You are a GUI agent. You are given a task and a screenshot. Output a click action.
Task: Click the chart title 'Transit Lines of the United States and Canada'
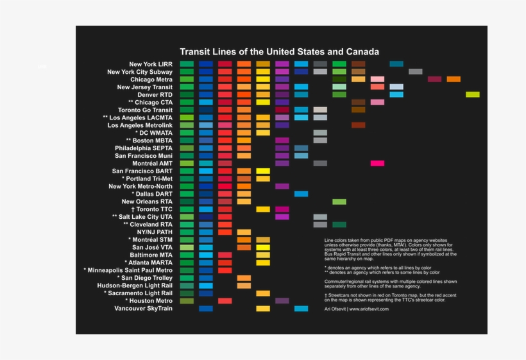click(279, 52)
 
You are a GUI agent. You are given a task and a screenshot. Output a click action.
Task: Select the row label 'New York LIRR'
click(151, 64)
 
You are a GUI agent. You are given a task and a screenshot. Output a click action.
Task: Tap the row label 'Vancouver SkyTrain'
click(144, 309)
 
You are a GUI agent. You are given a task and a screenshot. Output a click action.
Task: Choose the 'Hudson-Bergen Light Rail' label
click(135, 286)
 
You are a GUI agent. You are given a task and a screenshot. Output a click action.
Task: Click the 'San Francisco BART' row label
click(142, 171)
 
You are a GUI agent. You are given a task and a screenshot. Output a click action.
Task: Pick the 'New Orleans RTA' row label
click(147, 201)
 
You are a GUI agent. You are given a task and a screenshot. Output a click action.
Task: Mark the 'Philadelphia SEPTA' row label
click(144, 148)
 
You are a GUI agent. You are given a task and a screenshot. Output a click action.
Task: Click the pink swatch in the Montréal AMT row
click(377, 164)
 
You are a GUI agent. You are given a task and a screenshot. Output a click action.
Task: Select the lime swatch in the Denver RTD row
click(473, 94)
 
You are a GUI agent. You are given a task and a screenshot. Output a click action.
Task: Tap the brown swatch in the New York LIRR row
click(358, 64)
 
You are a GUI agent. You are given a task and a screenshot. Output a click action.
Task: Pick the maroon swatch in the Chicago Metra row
click(434, 79)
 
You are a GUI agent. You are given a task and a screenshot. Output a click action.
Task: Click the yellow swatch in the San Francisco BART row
click(263, 171)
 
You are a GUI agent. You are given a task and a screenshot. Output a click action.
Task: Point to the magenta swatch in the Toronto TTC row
click(282, 209)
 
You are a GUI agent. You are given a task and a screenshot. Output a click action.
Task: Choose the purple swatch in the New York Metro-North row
click(282, 186)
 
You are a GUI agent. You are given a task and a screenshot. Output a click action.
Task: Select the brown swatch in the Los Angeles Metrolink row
click(358, 125)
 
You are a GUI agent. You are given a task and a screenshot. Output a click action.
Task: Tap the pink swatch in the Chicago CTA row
click(377, 102)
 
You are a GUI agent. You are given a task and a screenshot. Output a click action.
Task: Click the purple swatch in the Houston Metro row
click(282, 301)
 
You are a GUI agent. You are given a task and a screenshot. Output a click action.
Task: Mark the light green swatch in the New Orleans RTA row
click(339, 201)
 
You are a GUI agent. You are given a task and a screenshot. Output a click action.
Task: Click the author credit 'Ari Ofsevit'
click(336, 309)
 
